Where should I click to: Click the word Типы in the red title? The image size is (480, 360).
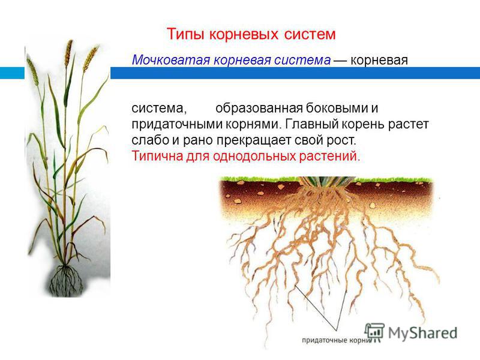coord(185,34)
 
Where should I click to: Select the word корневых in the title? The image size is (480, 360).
coord(244,34)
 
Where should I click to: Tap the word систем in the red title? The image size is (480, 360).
coord(310,34)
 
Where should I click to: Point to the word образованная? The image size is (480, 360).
coord(259,109)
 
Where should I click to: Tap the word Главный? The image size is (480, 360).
coord(311,124)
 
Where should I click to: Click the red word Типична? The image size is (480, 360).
coord(157,156)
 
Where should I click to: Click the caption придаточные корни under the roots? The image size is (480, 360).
coord(336,340)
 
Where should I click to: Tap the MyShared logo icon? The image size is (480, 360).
coord(374,332)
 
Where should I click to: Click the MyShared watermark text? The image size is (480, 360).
coord(423,333)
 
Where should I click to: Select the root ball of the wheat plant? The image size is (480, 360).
coord(66,280)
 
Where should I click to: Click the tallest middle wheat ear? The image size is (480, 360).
coord(68,53)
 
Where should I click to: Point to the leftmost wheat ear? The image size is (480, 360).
coord(32,71)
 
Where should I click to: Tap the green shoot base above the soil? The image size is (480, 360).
coord(327,181)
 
